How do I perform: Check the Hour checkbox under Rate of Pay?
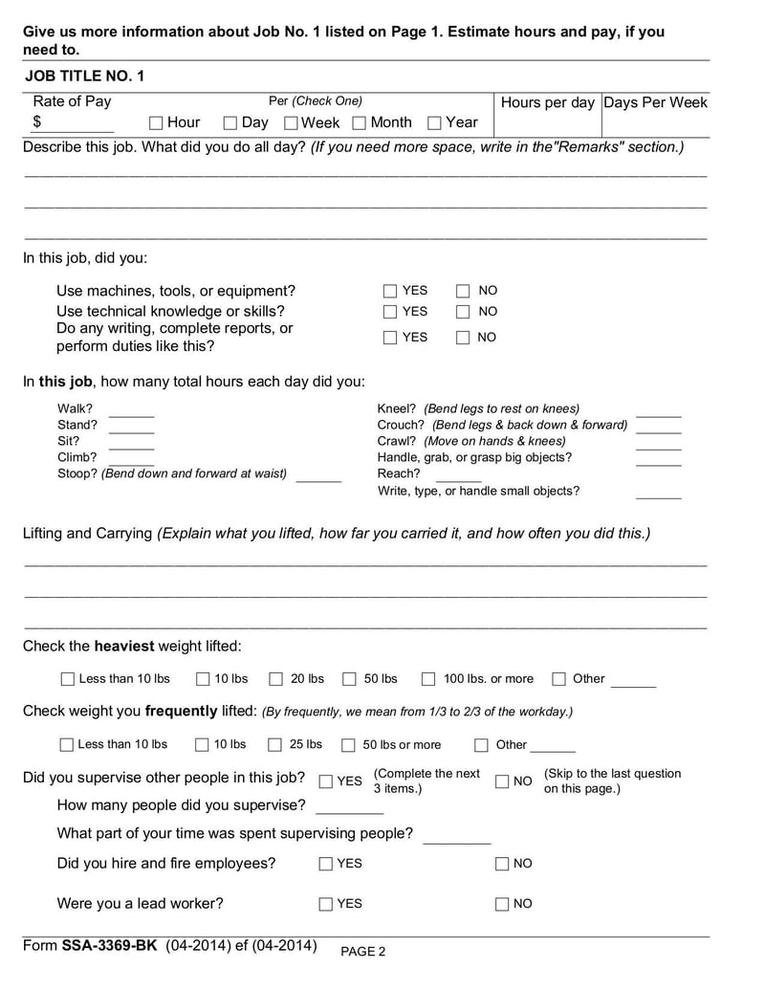tap(156, 122)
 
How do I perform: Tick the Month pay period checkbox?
tap(359, 122)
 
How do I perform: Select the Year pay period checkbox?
tap(434, 122)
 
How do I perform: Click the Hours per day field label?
tap(547, 102)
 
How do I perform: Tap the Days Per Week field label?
tap(656, 102)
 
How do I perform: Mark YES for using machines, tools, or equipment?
tap(390, 291)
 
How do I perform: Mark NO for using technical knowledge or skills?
tap(463, 312)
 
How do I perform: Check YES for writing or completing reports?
tap(390, 337)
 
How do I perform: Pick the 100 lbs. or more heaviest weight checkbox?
tap(428, 679)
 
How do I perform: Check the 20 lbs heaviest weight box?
tap(275, 679)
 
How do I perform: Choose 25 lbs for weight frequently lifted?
tap(274, 745)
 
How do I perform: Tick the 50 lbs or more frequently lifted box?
tap(348, 745)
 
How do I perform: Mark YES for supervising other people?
tap(326, 781)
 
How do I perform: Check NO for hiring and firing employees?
tap(502, 864)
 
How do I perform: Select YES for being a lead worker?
tap(326, 904)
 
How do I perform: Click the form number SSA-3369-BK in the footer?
tap(111, 946)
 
